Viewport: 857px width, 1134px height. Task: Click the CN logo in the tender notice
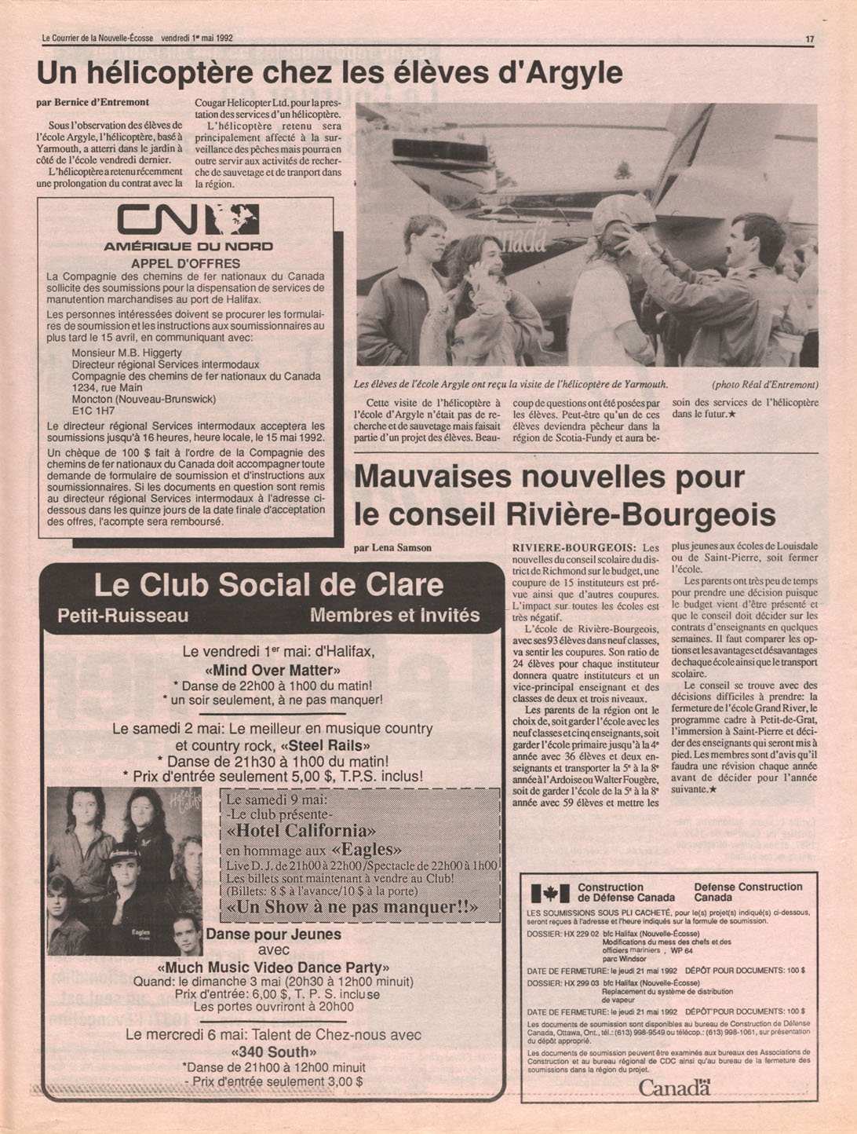click(188, 219)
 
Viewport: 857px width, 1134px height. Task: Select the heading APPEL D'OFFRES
click(186, 263)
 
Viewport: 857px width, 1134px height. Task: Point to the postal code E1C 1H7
click(93, 410)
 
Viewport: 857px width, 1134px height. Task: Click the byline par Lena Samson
click(392, 547)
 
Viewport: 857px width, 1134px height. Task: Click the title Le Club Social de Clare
click(268, 585)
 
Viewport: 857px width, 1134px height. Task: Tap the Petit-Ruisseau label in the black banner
click(123, 616)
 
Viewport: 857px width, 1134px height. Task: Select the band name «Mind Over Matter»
click(272, 671)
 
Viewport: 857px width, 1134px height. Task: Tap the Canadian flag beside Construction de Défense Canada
click(549, 893)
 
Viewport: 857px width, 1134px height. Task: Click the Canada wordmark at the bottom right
click(673, 1088)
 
